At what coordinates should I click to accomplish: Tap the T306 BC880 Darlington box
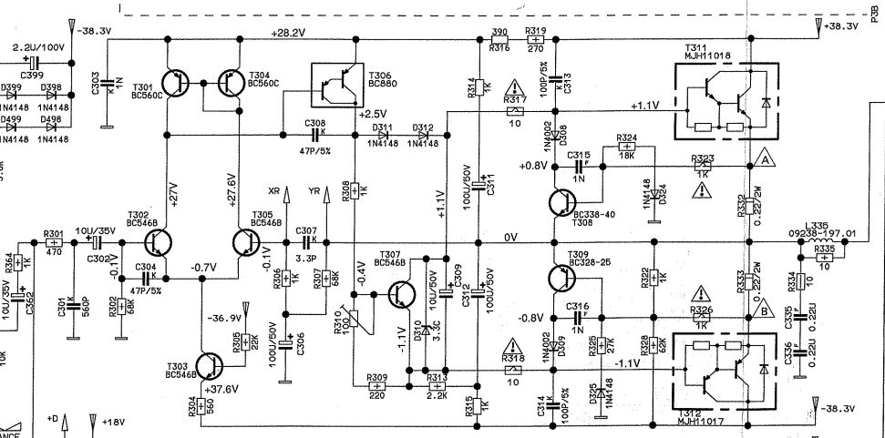click(x=335, y=89)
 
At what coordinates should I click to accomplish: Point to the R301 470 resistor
click(x=54, y=243)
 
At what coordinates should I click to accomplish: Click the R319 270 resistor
click(x=535, y=40)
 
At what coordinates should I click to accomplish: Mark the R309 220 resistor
click(x=376, y=386)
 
